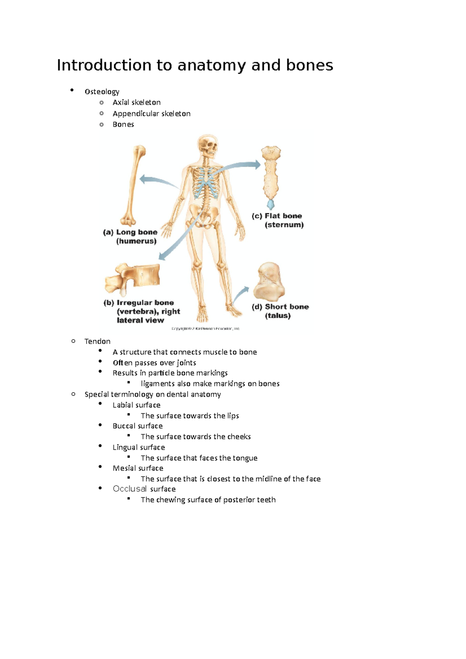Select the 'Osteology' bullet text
[x=102, y=92]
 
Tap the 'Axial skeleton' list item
[x=136, y=102]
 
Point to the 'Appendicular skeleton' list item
[x=151, y=114]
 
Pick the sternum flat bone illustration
[x=271, y=175]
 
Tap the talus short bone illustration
[x=269, y=281]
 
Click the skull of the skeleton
[x=208, y=144]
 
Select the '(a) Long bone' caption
[x=130, y=232]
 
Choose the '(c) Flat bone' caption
[x=277, y=216]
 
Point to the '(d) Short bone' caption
[x=280, y=307]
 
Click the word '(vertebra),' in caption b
[x=136, y=312]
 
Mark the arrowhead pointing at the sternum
[x=257, y=165]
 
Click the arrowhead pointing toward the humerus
[x=143, y=179]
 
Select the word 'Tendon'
[x=97, y=342]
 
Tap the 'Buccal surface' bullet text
[x=137, y=426]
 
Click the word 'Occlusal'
[x=130, y=489]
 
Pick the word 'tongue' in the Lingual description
[x=245, y=458]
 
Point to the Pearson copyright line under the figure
[x=205, y=329]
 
